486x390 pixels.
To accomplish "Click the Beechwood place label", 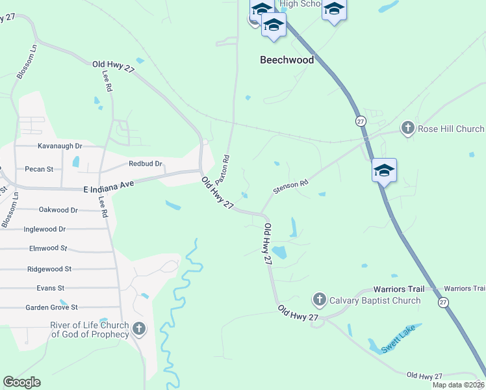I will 287,60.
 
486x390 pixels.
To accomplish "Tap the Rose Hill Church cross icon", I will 407,128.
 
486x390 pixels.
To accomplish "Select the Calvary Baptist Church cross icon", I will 319,300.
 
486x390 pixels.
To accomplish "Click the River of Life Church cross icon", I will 138,329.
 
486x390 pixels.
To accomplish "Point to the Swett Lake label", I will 398,341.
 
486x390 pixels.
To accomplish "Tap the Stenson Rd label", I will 290,186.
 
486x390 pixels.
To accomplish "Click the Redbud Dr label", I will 145,164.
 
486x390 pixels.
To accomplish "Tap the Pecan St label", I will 40,169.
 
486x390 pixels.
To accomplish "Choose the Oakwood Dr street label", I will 58,210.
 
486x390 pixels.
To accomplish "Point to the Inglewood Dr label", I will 44,229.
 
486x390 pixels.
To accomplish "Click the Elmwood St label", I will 48,248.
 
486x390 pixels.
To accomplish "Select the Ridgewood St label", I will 49,268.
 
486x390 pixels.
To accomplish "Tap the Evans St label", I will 50,288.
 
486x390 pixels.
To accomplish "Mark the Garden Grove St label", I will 51,307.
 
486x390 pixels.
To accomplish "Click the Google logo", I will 21,382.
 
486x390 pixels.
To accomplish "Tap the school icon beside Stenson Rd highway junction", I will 384,170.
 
